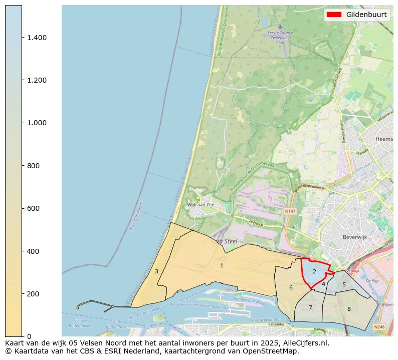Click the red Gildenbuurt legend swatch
(334, 15)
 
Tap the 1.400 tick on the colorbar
(37, 38)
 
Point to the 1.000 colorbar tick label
(37, 123)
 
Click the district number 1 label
(222, 265)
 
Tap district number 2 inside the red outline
(314, 271)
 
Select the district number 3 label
(156, 271)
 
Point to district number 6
(291, 287)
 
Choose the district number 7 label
(310, 307)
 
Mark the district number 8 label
(349, 309)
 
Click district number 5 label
(344, 284)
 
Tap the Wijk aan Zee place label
(201, 205)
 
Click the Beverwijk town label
(355, 237)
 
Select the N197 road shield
(290, 211)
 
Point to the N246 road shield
(379, 326)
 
